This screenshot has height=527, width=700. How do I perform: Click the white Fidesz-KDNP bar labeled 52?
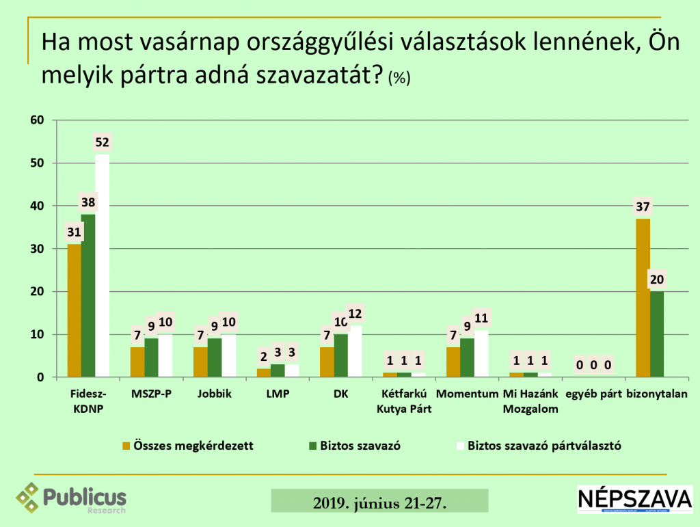tap(102, 267)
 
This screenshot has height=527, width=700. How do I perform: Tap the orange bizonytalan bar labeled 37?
tap(643, 298)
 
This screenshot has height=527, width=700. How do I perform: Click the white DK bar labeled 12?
tap(355, 352)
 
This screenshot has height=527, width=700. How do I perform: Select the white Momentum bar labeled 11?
tap(481, 354)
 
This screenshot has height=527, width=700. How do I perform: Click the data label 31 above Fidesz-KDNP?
tap(74, 233)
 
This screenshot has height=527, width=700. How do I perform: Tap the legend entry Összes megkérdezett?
tap(188, 446)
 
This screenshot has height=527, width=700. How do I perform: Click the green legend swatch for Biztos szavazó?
tap(314, 446)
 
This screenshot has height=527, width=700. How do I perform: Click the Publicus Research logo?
tap(72, 498)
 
